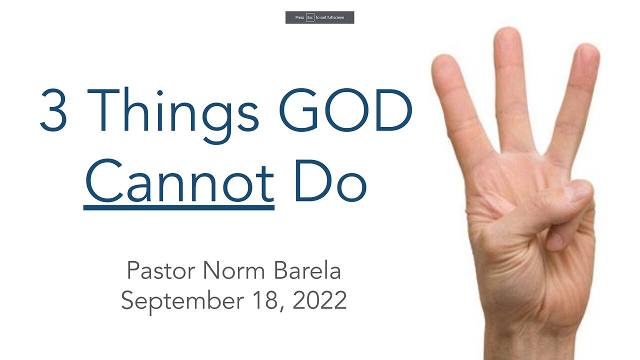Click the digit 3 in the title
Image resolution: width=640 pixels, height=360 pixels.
53,110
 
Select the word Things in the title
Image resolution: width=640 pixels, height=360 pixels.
173,115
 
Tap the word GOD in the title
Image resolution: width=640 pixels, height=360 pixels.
345,110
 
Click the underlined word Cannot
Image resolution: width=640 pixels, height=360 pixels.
179,180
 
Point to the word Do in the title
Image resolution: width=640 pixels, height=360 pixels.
330,180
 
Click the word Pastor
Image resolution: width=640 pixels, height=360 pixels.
161,270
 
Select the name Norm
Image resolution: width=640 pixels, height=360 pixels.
234,270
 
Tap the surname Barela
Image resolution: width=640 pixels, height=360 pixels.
307,270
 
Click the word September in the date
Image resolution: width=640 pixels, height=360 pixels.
182,301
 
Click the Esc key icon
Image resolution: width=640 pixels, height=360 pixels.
310,17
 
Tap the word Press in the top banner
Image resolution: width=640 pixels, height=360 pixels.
299,17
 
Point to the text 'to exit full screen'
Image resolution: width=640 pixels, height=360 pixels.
330,17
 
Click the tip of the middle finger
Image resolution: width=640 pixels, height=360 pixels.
508,28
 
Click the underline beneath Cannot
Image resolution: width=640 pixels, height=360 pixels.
179,207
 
